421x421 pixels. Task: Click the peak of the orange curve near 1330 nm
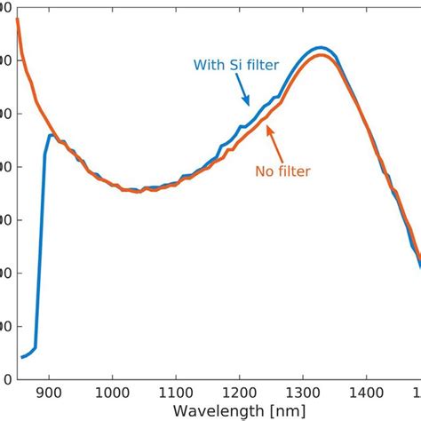pyautogui.click(x=322, y=56)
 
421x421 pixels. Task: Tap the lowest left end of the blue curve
pyautogui.click(x=22, y=357)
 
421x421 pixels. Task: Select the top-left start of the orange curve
pyautogui.click(x=18, y=20)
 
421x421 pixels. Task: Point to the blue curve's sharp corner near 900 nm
pyautogui.click(x=50, y=136)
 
